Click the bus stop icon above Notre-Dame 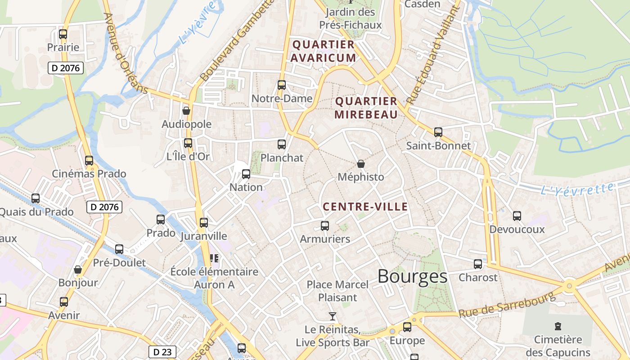pos(282,85)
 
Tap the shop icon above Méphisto pos(360,164)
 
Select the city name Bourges pos(412,276)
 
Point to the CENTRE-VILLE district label pos(365,207)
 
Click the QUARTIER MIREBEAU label pos(366,108)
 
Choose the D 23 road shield pos(162,352)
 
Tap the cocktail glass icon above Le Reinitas pos(333,316)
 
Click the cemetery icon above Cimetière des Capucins pos(558,326)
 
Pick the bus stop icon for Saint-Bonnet pos(438,132)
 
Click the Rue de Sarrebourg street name pos(507,305)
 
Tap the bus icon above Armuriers pos(325,225)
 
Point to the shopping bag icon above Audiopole pos(186,111)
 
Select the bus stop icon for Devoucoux pos(517,216)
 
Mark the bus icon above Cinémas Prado pos(89,160)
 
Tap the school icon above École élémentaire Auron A pos(214,258)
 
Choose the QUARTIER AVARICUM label pos(323,51)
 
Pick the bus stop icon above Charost pos(478,264)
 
